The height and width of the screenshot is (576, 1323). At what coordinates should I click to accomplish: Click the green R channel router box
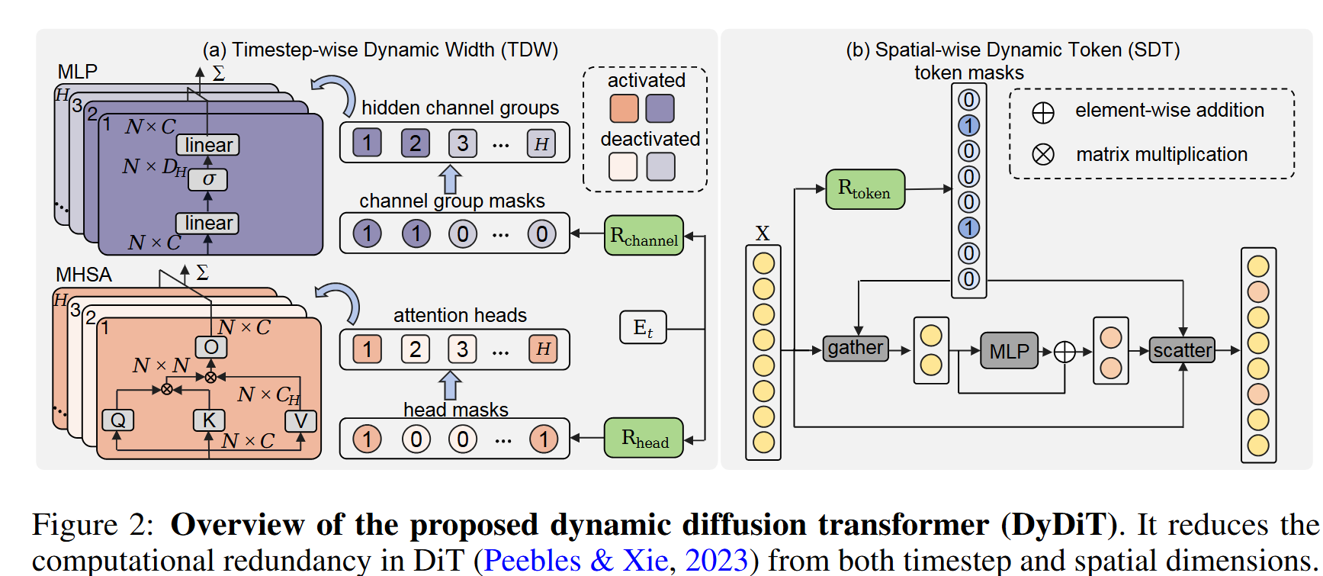tap(644, 235)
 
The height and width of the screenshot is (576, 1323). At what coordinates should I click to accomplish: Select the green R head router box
tap(644, 438)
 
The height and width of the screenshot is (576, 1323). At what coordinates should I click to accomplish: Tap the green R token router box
tap(865, 189)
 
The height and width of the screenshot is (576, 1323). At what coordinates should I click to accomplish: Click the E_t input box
tap(643, 328)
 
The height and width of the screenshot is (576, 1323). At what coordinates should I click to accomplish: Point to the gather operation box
tap(855, 348)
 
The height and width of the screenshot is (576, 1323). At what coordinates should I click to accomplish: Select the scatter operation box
tap(1182, 350)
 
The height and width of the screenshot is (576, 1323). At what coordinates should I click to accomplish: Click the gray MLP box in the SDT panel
tap(1009, 351)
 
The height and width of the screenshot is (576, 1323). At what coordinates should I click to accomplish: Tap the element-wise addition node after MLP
tap(1065, 352)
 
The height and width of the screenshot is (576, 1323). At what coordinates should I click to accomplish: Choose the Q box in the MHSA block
tap(117, 420)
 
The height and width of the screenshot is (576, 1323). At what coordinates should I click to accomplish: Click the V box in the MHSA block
tap(300, 421)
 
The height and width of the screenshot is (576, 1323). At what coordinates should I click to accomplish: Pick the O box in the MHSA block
tap(211, 347)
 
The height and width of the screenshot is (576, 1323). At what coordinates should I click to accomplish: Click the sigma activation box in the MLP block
tap(208, 179)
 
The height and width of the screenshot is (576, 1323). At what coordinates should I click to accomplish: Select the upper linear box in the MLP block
tap(208, 145)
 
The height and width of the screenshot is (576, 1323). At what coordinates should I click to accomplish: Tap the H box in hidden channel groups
tap(541, 143)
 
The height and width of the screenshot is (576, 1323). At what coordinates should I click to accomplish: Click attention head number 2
tap(415, 349)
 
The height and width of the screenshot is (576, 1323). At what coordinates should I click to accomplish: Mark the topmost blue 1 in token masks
tap(968, 126)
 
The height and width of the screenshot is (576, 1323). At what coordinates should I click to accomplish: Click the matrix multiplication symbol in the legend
tap(1042, 155)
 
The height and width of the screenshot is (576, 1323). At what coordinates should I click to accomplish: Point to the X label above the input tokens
tap(763, 233)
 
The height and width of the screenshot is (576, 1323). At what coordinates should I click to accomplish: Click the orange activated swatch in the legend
tap(624, 108)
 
